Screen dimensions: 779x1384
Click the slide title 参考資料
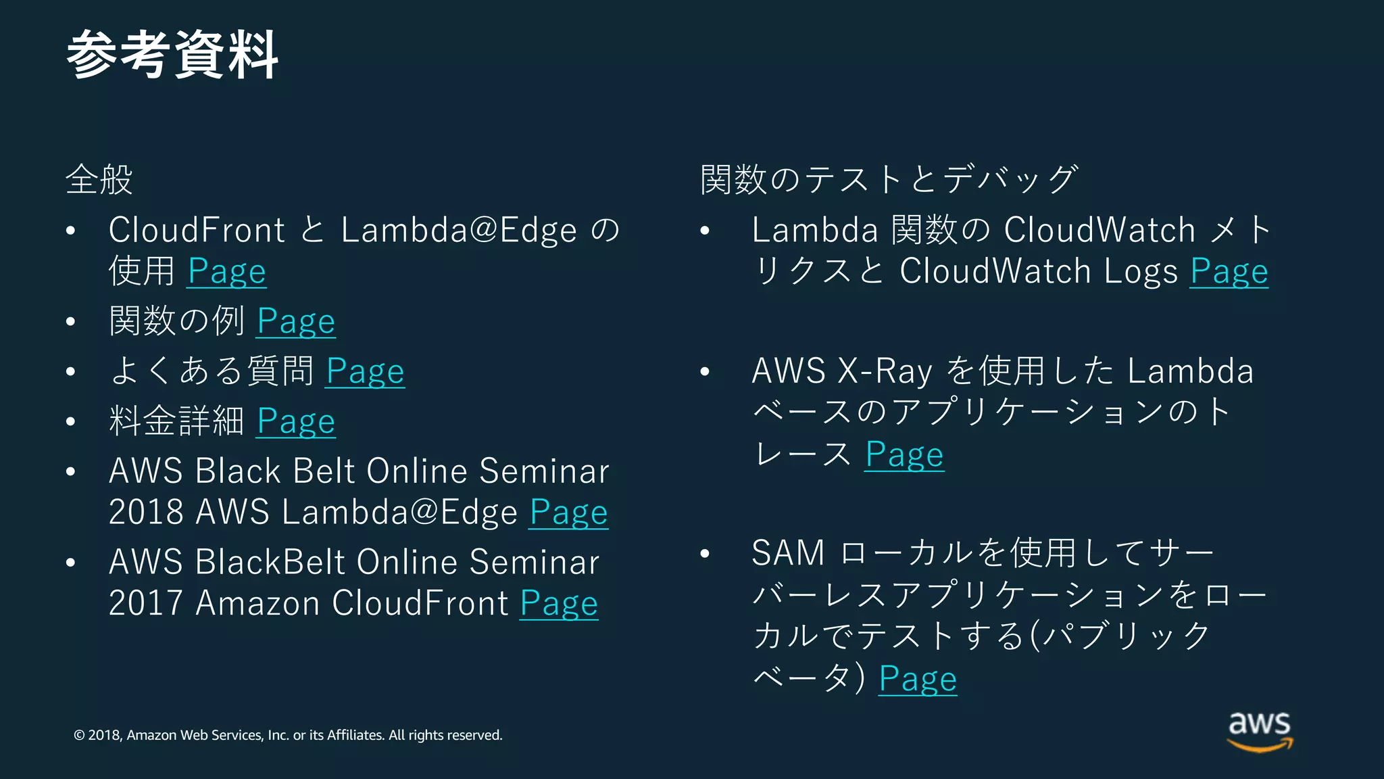[x=173, y=55]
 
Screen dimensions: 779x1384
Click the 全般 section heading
[x=99, y=180]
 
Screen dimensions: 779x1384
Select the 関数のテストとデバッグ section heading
[x=889, y=180]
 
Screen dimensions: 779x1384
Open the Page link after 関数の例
[x=296, y=321]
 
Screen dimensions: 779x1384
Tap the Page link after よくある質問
[x=365, y=372]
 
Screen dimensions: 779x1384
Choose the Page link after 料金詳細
[x=296, y=422]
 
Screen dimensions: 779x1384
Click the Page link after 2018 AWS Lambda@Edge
[x=568, y=513]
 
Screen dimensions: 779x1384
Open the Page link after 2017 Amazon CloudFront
[x=559, y=603]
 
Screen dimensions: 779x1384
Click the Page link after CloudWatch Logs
[x=1229, y=272]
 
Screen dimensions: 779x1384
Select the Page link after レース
[x=904, y=454]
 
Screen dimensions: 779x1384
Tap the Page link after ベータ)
[x=918, y=679]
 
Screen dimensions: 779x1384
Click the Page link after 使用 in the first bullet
[x=226, y=272]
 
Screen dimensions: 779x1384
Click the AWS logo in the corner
[x=1260, y=731]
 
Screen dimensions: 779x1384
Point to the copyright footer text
[x=288, y=735]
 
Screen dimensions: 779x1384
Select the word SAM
[x=788, y=553]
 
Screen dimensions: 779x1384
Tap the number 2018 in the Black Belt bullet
[x=146, y=512]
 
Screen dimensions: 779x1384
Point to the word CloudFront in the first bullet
[x=197, y=230]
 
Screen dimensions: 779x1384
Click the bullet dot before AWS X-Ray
[x=705, y=371]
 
